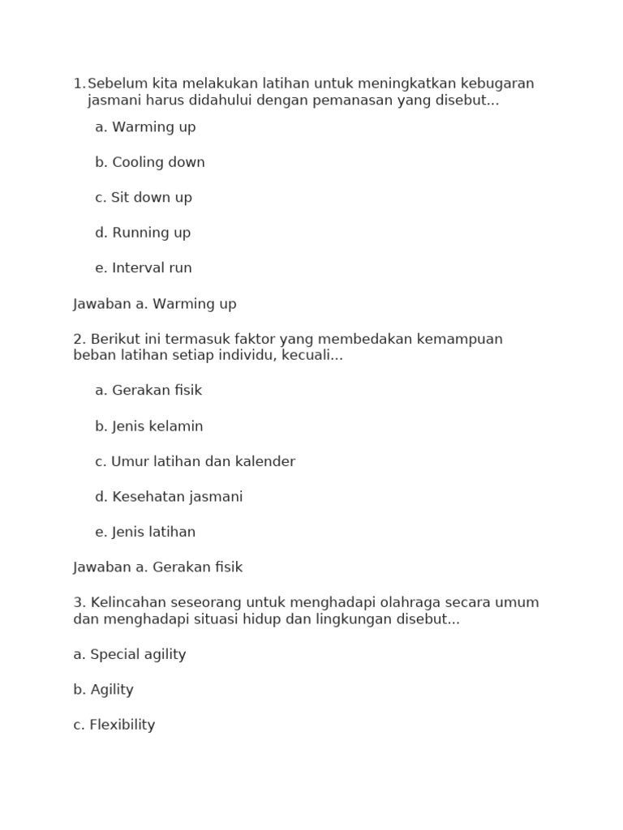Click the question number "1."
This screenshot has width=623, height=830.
pyautogui.click(x=79, y=83)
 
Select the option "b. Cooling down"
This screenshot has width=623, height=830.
pyautogui.click(x=150, y=162)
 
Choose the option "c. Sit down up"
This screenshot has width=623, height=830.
pyautogui.click(x=144, y=198)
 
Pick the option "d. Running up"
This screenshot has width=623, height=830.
pyautogui.click(x=143, y=233)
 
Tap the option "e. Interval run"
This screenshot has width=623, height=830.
pyautogui.click(x=144, y=268)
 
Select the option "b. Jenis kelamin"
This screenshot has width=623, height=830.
pyautogui.click(x=149, y=426)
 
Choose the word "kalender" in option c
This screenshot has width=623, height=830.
pyautogui.click(x=264, y=462)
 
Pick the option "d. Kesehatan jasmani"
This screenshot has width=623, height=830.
pyautogui.click(x=169, y=497)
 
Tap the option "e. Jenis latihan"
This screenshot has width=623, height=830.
pyautogui.click(x=145, y=533)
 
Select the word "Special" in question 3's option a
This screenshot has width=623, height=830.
pyautogui.click(x=114, y=655)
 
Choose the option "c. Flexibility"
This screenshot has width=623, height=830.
pyautogui.click(x=114, y=725)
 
